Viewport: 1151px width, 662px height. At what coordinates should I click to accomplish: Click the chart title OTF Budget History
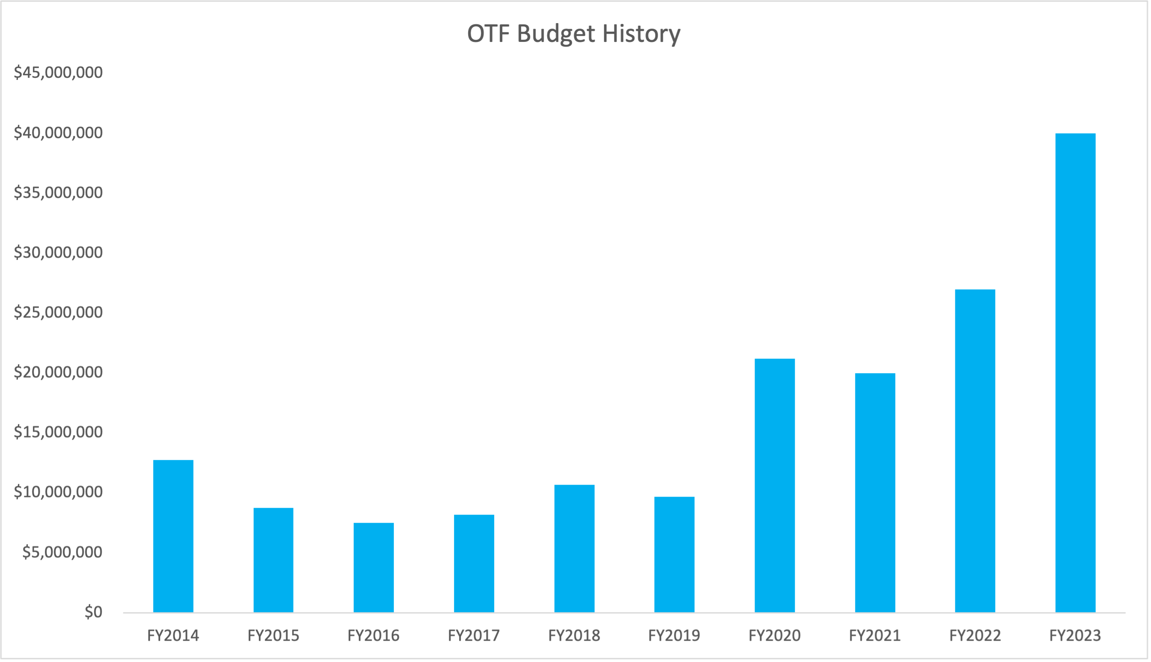574,34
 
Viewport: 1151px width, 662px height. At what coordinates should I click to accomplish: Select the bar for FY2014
173,536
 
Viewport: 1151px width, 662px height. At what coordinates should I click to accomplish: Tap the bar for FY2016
374,568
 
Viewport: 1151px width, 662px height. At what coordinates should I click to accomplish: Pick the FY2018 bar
574,548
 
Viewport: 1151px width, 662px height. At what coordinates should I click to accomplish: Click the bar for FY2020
775,485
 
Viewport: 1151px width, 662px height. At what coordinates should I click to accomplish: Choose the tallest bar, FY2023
1075,373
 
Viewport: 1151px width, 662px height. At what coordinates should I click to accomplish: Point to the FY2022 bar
975,451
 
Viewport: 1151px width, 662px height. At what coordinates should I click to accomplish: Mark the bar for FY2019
674,555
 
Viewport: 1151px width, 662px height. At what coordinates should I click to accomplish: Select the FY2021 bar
875,493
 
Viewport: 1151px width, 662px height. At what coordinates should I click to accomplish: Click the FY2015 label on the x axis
273,636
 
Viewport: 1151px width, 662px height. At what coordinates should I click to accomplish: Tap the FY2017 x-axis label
474,636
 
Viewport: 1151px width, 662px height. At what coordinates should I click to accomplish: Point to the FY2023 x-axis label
1075,636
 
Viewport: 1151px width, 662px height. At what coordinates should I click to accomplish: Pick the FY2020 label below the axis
774,636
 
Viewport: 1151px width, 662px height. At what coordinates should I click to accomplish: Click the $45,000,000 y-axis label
58,72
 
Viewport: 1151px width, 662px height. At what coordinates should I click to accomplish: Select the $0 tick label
94,612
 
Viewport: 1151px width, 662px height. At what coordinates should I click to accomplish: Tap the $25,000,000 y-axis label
58,312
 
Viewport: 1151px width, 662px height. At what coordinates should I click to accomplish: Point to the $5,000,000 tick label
63,552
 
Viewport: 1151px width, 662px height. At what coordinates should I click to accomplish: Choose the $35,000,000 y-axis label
58,192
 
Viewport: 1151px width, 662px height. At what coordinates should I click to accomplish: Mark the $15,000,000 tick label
58,432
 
